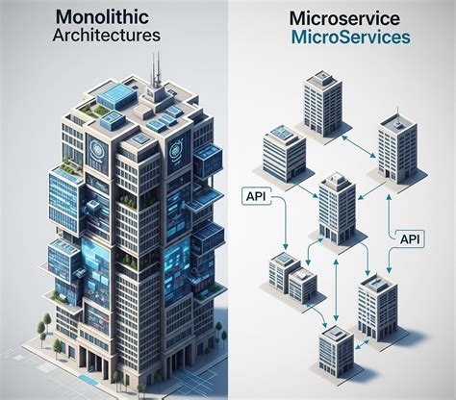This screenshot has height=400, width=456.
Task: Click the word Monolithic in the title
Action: pyautogui.click(x=102, y=17)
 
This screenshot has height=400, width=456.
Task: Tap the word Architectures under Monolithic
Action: pyautogui.click(x=106, y=35)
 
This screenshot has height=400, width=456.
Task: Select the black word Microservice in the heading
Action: pyautogui.click(x=344, y=19)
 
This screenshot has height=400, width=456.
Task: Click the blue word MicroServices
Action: pyautogui.click(x=351, y=37)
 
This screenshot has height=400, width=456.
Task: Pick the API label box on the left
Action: pyautogui.click(x=256, y=196)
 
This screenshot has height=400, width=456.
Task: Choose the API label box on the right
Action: pyautogui.click(x=410, y=238)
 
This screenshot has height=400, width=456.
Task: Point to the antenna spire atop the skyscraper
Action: pyautogui.click(x=156, y=72)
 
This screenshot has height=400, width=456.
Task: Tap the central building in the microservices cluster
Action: pyautogui.click(x=337, y=209)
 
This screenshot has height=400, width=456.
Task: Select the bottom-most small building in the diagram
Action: pyautogui.click(x=337, y=349)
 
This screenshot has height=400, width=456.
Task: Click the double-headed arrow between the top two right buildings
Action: pyautogui.click(x=359, y=147)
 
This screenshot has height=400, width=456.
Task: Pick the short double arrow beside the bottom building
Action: pyautogui.click(x=362, y=345)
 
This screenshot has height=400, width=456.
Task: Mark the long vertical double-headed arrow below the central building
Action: pyautogui.click(x=336, y=290)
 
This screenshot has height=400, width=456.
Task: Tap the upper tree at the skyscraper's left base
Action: pyautogui.click(x=47, y=320)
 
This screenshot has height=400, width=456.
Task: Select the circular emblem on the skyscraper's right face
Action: pyautogui.click(x=176, y=151)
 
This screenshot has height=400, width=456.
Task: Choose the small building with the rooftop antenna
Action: pyautogui.click(x=397, y=148)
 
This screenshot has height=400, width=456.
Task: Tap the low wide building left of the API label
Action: pyautogui.click(x=284, y=153)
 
